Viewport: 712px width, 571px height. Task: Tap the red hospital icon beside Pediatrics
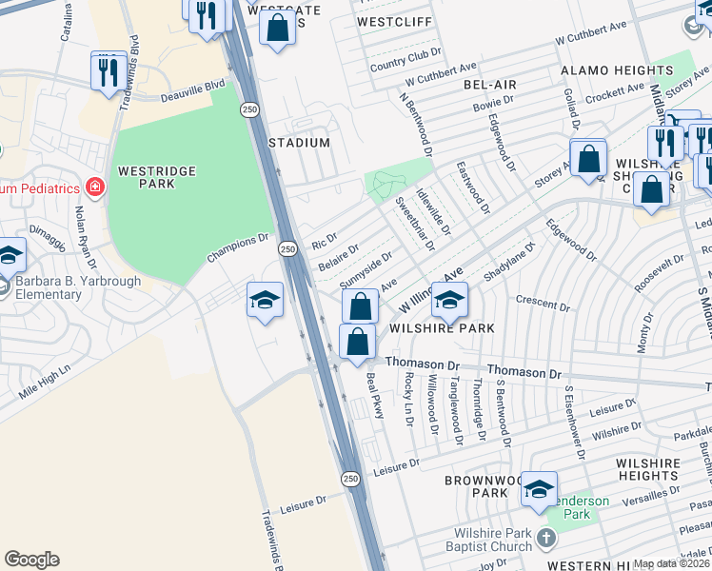[x=94, y=187]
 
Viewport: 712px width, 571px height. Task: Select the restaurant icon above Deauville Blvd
[x=109, y=70]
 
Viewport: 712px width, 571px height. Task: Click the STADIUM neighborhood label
[x=299, y=143]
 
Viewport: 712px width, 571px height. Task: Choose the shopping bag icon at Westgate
[x=277, y=28]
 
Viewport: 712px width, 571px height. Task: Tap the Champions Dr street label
[x=239, y=249]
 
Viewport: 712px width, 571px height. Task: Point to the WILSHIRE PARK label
[x=442, y=328]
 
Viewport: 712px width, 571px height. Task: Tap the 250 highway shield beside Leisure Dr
[x=351, y=479]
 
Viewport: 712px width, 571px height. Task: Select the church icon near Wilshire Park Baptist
[x=544, y=539]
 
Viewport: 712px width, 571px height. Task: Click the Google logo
[x=32, y=559]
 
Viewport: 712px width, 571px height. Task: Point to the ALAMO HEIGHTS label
[x=616, y=70]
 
